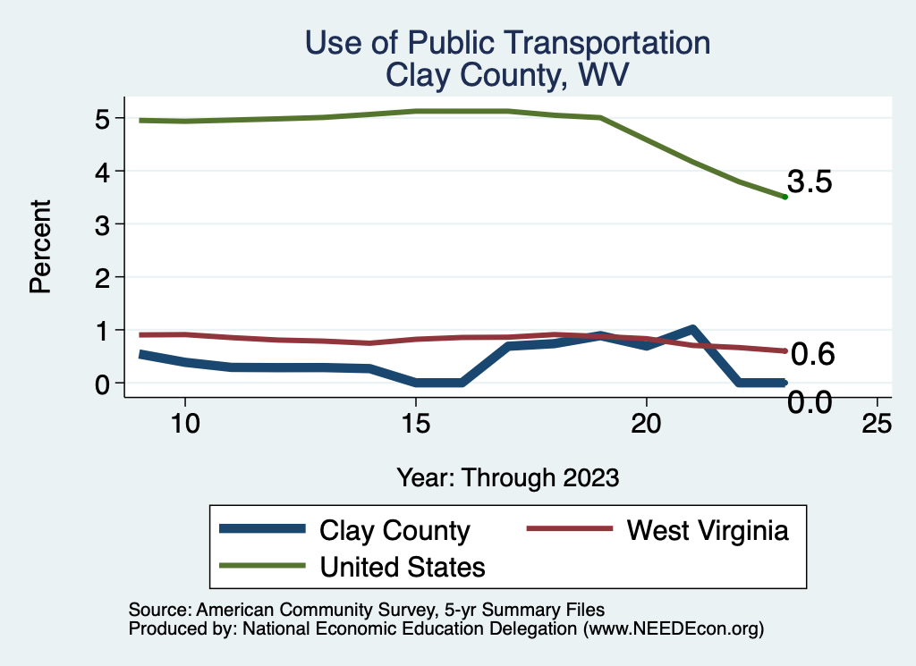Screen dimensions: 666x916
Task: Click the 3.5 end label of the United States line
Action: (810, 182)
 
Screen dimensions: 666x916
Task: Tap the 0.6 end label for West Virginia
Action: (813, 355)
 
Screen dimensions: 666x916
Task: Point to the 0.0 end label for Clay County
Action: (810, 402)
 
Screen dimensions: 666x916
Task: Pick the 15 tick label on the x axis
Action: (415, 424)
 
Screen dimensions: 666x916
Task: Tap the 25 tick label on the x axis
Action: (877, 424)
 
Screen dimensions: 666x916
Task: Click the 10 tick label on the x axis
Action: (184, 424)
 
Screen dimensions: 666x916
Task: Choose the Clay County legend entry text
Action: (394, 530)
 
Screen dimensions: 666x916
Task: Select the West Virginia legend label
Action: (707, 530)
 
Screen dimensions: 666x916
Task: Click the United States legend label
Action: (403, 566)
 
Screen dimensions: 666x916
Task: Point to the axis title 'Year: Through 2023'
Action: (508, 478)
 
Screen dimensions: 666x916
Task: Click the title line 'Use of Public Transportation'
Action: (508, 42)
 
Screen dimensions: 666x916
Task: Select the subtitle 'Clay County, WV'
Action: (508, 75)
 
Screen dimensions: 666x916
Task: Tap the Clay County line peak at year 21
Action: (692, 330)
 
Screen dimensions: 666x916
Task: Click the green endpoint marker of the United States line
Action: (785, 197)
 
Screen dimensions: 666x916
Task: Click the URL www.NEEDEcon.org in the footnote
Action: (673, 629)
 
